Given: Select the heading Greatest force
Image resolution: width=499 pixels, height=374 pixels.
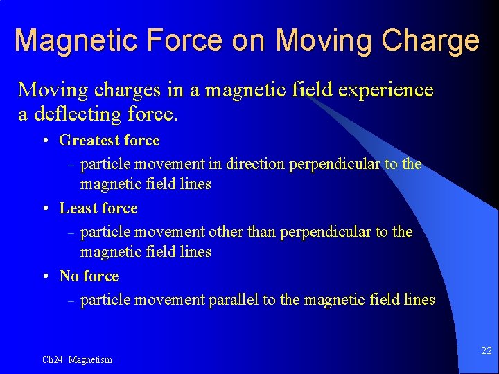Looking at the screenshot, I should pyautogui.click(x=110, y=141).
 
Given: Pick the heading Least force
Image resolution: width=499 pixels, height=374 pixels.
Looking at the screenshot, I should pyautogui.click(x=98, y=208).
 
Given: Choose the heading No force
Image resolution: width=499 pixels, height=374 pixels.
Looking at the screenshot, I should pyautogui.click(x=89, y=276).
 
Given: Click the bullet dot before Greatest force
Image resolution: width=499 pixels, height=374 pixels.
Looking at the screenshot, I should pyautogui.click(x=44, y=141).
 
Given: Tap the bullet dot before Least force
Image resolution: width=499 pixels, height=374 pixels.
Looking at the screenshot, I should pyautogui.click(x=44, y=208).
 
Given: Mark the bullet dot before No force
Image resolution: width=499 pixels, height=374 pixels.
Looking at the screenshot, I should pyautogui.click(x=44, y=276).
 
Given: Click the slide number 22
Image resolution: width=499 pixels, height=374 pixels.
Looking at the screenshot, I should pyautogui.click(x=486, y=351).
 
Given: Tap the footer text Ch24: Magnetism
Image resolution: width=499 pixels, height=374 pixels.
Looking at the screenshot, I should pyautogui.click(x=77, y=359).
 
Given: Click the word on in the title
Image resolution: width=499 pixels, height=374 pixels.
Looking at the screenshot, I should pyautogui.click(x=247, y=41).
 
